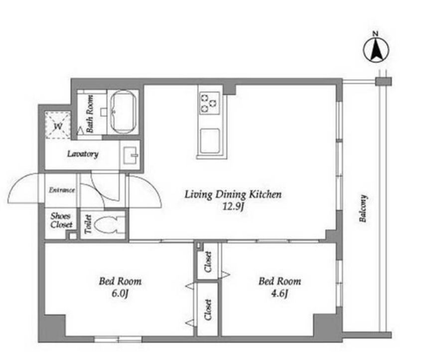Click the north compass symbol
(x=376, y=50)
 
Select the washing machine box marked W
(x=58, y=125)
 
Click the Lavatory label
(x=83, y=154)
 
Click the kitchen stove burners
(x=209, y=103)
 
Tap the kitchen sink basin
(x=209, y=141)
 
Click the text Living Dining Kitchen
(x=233, y=194)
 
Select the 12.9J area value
(x=233, y=207)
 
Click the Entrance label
(x=62, y=190)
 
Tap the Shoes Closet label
(x=61, y=220)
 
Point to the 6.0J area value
(x=120, y=293)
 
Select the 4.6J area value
(x=280, y=293)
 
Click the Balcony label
(x=363, y=209)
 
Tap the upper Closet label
(x=208, y=262)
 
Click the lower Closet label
(x=208, y=310)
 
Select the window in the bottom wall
(x=118, y=339)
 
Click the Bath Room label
(x=90, y=114)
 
